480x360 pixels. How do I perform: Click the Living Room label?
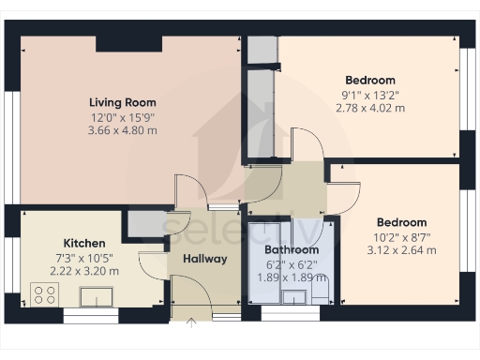pyautogui.click(x=123, y=102)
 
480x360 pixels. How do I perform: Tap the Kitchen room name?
pyautogui.click(x=83, y=242)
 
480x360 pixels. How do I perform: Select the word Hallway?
pyautogui.click(x=205, y=259)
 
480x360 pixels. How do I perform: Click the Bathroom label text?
pyautogui.click(x=291, y=250)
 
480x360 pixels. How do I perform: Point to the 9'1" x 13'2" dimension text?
pyautogui.click(x=369, y=95)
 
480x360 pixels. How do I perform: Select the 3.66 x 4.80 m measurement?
pyautogui.click(x=123, y=130)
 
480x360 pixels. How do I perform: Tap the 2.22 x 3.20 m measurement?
pyautogui.click(x=84, y=271)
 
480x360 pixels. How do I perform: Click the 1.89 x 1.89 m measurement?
pyautogui.click(x=291, y=278)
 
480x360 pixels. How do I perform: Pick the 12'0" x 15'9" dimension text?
pyautogui.click(x=123, y=116)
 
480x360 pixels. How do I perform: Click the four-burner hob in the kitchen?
pyautogui.click(x=44, y=296)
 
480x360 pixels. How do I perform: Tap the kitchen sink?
pyautogui.click(x=97, y=297)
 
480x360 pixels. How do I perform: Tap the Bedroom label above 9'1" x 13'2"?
pyautogui.click(x=369, y=81)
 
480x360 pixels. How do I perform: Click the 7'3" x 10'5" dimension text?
pyautogui.click(x=84, y=257)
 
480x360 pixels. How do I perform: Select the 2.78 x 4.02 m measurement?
pyautogui.click(x=369, y=109)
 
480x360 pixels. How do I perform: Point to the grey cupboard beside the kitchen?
pyautogui.click(x=143, y=224)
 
